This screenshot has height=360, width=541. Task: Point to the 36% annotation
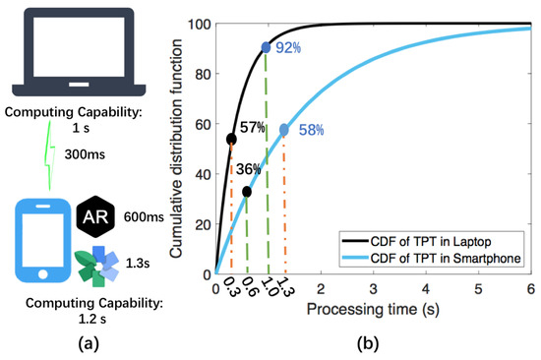tap(249, 169)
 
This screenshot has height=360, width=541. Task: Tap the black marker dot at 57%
tap(231, 139)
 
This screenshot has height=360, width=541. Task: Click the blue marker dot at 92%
tap(268, 46)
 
